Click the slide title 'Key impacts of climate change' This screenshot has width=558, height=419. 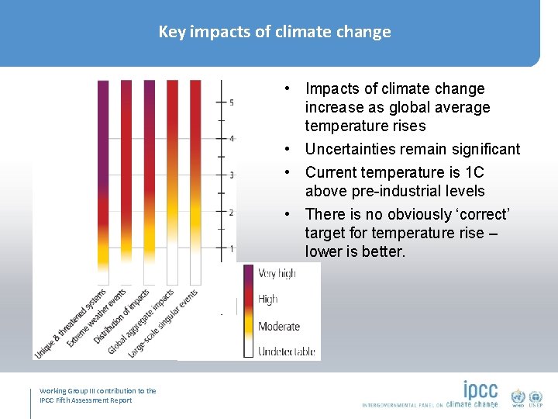[x=274, y=32]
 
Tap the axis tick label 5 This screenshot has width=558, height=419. [x=231, y=102]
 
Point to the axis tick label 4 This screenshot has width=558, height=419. [x=231, y=139]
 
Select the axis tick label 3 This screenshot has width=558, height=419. [x=231, y=175]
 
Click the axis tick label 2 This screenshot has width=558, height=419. [x=231, y=212]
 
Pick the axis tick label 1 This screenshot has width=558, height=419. [x=231, y=248]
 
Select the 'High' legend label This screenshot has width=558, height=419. [x=268, y=300]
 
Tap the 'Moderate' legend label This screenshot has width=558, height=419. [x=278, y=326]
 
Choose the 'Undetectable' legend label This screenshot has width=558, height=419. [x=286, y=351]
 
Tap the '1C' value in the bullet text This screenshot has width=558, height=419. [x=473, y=172]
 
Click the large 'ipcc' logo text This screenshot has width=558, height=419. [x=480, y=390]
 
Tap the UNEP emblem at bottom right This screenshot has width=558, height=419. [x=536, y=396]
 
